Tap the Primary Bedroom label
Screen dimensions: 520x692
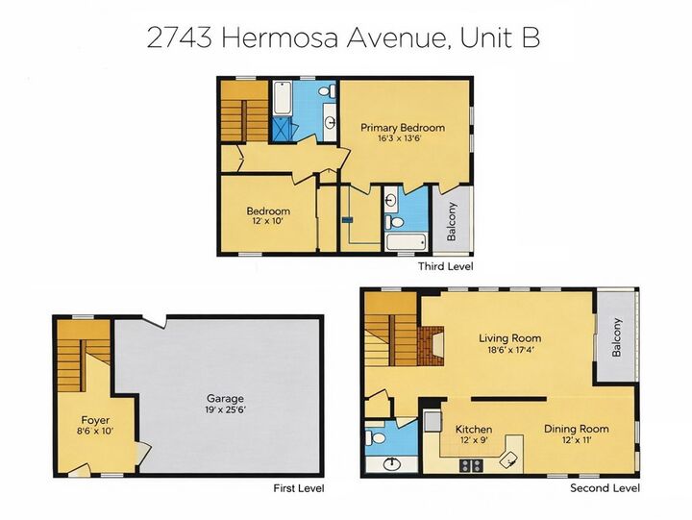403,127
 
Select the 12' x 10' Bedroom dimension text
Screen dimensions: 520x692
267,222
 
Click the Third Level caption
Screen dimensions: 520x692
445,266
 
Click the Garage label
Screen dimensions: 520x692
225,398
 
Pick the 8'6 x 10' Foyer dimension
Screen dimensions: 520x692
94,433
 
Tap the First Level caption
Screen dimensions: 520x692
299,488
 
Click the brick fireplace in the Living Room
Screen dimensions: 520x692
432,343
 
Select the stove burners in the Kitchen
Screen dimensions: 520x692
471,465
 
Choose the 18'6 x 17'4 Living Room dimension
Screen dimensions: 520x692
509,351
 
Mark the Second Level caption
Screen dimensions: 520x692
605,488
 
